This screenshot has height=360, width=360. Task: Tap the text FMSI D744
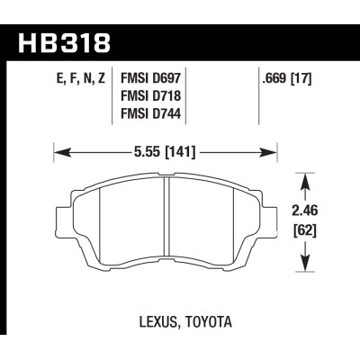(x=151, y=116)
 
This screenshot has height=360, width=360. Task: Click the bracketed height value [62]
(x=309, y=231)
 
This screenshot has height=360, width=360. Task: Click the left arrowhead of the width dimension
(x=59, y=148)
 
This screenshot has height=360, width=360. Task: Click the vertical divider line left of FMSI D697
(x=114, y=99)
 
